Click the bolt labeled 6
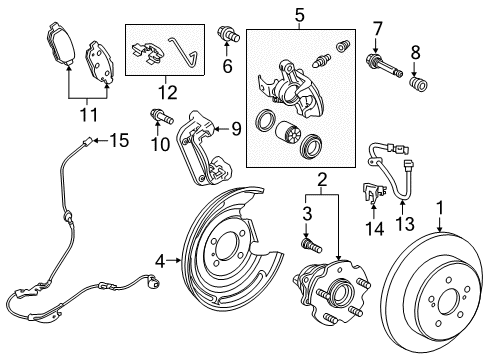[x=228, y=38]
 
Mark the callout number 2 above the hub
[x=322, y=180]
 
